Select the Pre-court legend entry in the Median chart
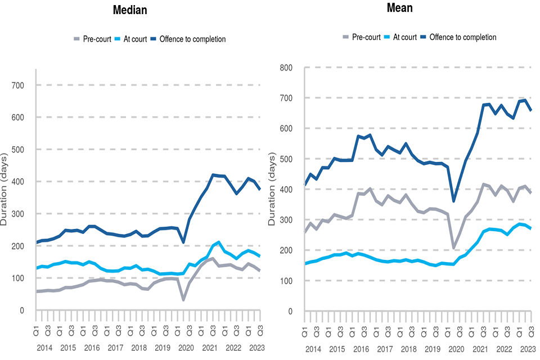coord(92,39)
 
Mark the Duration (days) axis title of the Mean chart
coord(273,190)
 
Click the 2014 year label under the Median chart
coord(46,348)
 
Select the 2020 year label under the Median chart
coord(185,348)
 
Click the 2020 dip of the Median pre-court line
coord(183,300)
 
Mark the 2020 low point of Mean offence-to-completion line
coord(453,201)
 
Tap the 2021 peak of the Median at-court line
coord(219,242)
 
